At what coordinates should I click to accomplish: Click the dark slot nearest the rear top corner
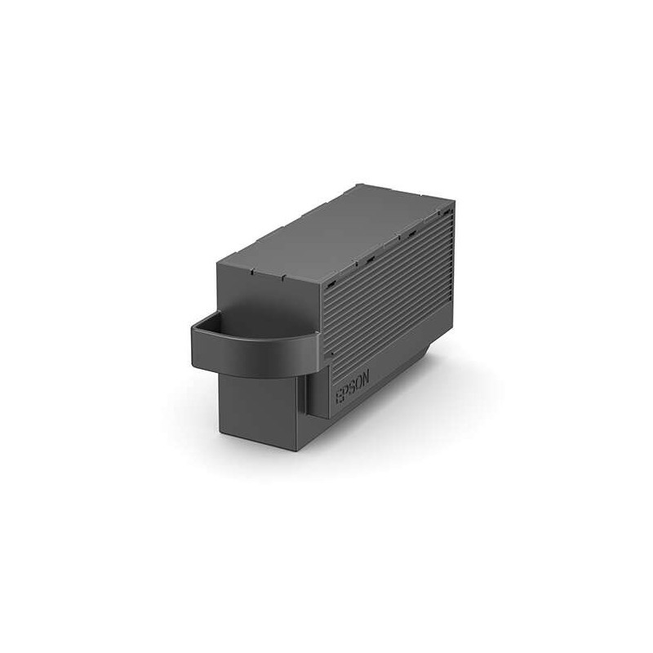point(446,215)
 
